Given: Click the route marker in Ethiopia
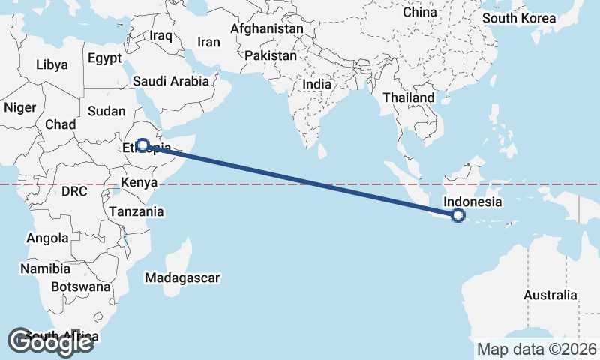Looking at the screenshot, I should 142,145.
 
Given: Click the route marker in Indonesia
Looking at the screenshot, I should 458,216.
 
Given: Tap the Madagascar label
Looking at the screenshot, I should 183,278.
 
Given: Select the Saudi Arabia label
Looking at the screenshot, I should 170,81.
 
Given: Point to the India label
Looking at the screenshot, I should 316,85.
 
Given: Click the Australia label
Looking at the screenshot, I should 550,295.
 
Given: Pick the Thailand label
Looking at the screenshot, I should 408,97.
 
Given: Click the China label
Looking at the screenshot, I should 419,12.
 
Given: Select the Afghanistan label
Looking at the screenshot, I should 267,29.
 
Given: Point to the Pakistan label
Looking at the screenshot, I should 271,56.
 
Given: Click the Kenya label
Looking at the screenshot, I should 139,182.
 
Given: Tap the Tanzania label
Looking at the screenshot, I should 136,212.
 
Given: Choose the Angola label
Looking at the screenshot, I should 47,238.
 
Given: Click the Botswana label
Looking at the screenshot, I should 80,286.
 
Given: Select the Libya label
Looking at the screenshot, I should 52,64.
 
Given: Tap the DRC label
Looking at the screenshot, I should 74,191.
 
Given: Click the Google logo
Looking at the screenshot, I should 51,342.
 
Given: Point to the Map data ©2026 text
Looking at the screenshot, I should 537,349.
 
